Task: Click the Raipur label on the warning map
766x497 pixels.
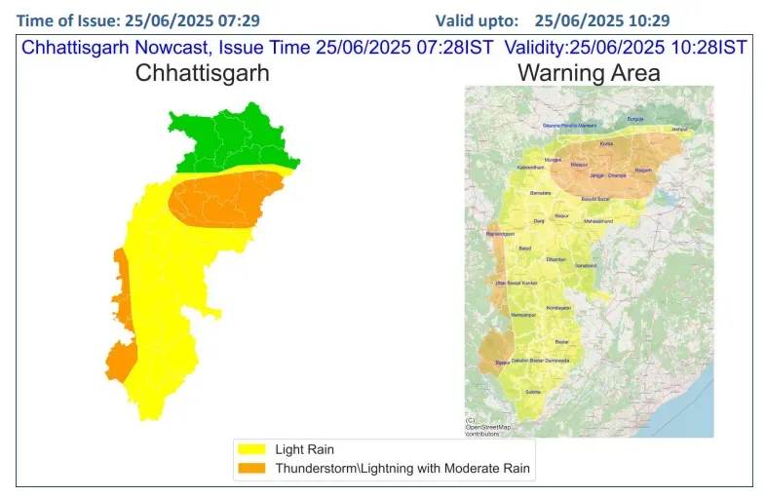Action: tap(561, 214)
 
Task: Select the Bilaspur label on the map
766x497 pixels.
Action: tap(579, 166)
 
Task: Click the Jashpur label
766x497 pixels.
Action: tap(680, 128)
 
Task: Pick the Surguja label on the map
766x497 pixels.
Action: tap(635, 118)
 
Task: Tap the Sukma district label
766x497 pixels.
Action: tap(533, 391)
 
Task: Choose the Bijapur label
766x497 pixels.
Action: tap(503, 362)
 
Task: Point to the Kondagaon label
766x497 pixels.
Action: tap(558, 307)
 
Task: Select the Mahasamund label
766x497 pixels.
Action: tap(597, 221)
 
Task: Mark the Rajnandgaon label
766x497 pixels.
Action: tap(499, 235)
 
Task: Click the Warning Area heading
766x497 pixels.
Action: tap(589, 72)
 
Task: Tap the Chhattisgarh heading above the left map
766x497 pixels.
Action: tap(202, 72)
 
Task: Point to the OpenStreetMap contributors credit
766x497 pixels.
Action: tap(487, 426)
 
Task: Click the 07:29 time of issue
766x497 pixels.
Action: tap(240, 20)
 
